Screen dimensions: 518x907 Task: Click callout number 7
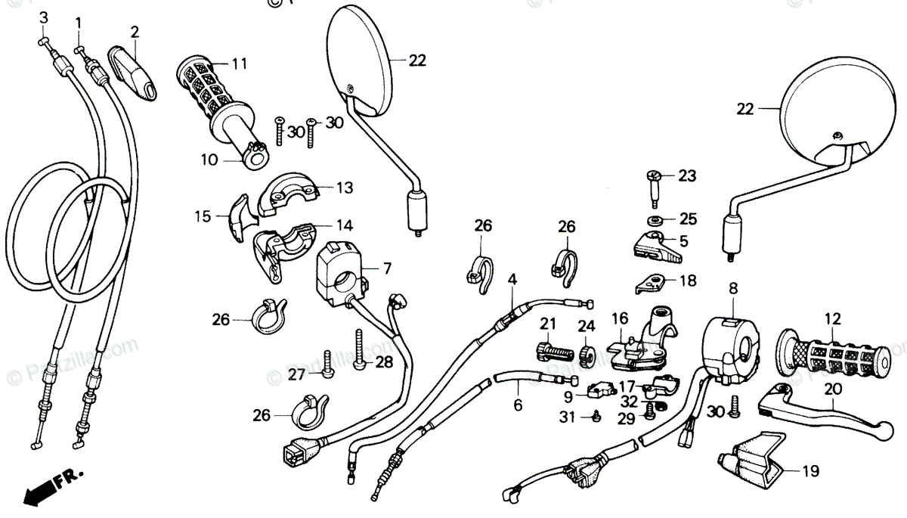pyautogui.click(x=387, y=268)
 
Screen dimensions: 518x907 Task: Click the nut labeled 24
pyautogui.click(x=585, y=354)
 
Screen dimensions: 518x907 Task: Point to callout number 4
pyautogui.click(x=512, y=280)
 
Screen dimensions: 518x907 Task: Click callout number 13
pyautogui.click(x=345, y=187)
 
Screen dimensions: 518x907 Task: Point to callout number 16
pyautogui.click(x=620, y=318)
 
